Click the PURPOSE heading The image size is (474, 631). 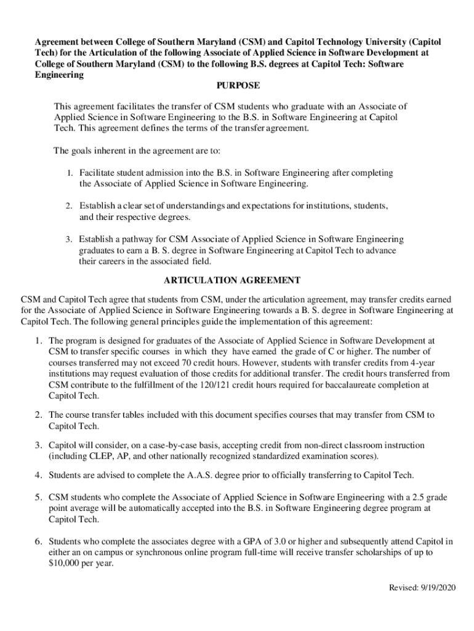pos(237,86)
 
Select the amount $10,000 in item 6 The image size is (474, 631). pos(66,563)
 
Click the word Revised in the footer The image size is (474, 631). pos(402,587)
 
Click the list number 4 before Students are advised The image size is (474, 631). pos(38,474)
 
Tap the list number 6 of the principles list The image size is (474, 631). pos(38,541)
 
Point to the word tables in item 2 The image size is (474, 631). pos(131,415)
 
